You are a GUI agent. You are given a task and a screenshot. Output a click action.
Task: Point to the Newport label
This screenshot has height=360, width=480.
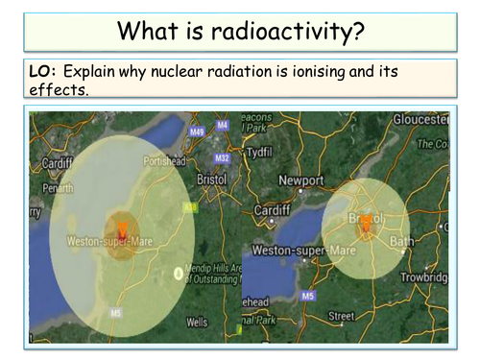301,180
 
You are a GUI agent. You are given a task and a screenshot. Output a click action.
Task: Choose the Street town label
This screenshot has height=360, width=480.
341,315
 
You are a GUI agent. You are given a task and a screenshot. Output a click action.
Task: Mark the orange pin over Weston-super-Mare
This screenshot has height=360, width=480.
124,228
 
